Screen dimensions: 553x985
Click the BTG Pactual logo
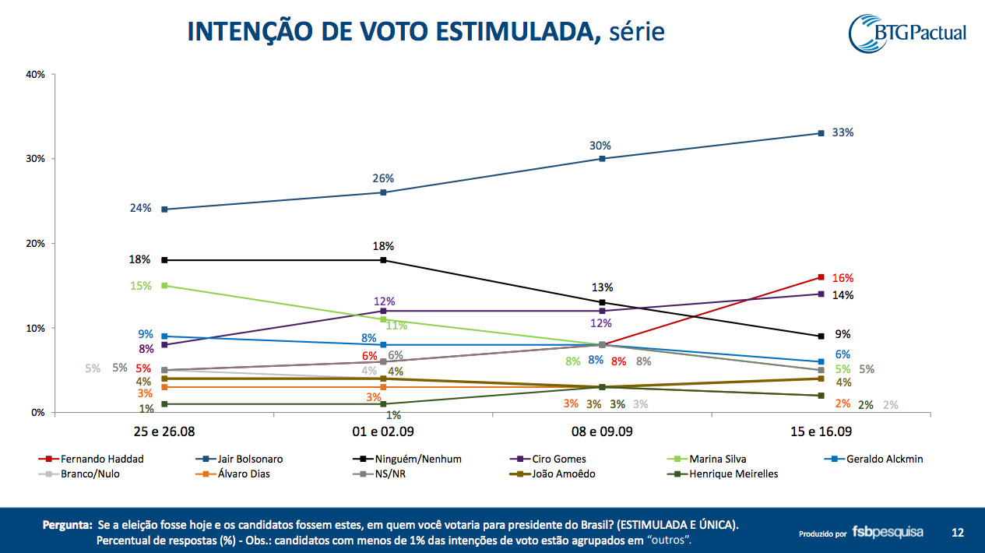(x=908, y=33)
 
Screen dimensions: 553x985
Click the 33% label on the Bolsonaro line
(x=843, y=132)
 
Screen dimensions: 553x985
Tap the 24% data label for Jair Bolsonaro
(x=140, y=208)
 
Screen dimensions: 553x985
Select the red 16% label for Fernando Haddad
(x=843, y=278)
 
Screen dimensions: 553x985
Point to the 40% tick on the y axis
(x=36, y=74)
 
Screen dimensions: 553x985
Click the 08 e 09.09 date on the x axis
(x=601, y=431)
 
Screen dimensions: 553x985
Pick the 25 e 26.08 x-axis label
(x=164, y=431)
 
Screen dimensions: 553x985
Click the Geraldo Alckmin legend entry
(x=880, y=459)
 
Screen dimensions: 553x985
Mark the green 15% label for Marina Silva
(x=140, y=286)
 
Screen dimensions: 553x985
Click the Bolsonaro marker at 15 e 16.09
(x=821, y=133)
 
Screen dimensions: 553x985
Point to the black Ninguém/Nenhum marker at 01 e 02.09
(x=383, y=260)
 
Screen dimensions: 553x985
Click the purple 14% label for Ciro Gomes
(x=843, y=295)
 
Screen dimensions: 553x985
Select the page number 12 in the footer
(x=958, y=533)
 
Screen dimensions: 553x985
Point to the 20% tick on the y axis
(x=36, y=243)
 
